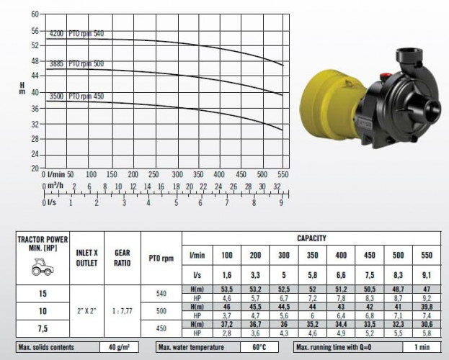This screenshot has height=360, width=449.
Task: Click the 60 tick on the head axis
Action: coord(35,14)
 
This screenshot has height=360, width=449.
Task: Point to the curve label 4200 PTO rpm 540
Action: coord(76,34)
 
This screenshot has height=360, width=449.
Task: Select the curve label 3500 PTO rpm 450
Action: coord(76,96)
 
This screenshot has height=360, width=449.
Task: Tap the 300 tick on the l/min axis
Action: coord(177,174)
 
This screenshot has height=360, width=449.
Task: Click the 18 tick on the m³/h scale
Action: coord(176,186)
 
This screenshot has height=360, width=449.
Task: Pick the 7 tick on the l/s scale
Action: coord(227,203)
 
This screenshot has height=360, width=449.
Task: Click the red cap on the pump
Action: coord(386,77)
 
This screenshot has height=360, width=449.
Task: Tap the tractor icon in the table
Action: coord(43,266)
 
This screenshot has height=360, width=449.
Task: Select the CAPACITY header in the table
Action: coord(311,238)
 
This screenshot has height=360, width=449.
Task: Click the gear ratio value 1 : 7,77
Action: coord(123,311)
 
